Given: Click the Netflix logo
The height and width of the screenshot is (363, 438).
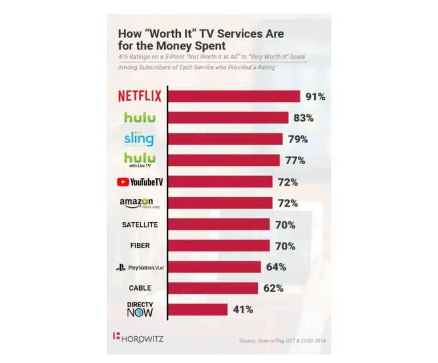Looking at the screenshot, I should coord(140,96).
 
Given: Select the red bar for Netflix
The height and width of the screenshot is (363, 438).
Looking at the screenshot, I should coord(234,96).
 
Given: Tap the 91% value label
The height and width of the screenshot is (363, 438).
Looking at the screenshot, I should coord(315,96).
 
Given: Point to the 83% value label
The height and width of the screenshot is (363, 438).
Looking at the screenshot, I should coord(303,118).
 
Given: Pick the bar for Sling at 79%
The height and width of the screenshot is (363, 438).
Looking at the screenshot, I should coord(225,139).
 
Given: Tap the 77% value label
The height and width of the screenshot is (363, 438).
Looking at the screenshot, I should coord(295,161).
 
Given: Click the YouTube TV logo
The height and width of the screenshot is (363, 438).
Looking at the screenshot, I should coord(139,182).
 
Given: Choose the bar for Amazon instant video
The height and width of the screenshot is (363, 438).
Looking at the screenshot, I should coord(220,203).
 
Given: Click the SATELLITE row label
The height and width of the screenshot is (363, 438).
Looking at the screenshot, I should coord(140,225).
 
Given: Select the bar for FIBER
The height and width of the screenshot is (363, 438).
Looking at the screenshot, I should coord(218,246).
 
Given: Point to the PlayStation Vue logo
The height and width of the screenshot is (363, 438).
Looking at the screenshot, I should coord(140,267).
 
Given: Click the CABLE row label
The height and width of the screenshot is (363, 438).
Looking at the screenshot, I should coord(140,288).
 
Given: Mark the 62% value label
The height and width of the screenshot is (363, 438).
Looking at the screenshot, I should coord(273,288).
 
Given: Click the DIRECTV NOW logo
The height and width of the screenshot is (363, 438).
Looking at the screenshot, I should coord(140,309).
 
